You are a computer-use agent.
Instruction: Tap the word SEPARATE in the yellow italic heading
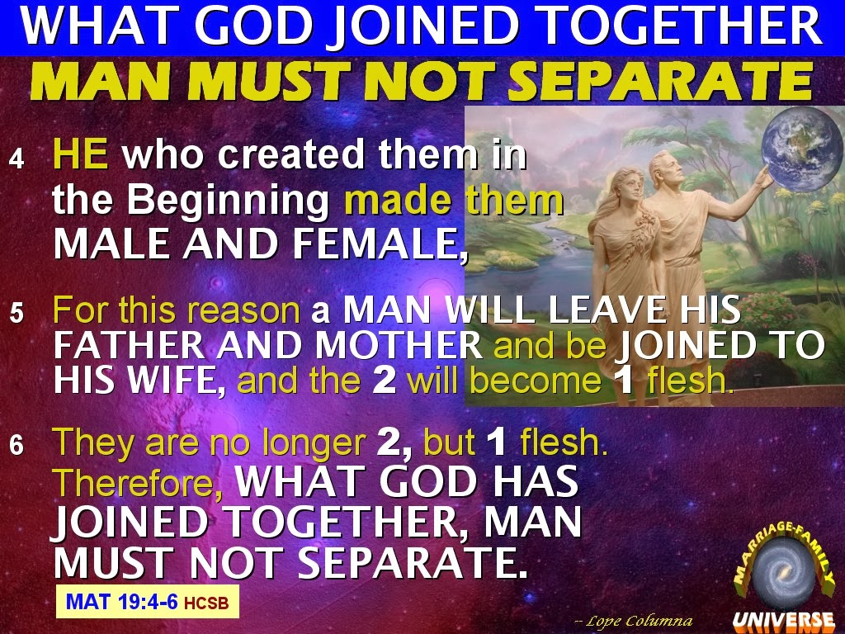(659, 82)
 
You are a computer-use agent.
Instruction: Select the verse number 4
(17, 159)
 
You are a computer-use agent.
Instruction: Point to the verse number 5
(17, 313)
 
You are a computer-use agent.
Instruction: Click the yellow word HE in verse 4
(81, 154)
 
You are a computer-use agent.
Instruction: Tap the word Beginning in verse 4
(228, 202)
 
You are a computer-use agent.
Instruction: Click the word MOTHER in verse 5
(399, 346)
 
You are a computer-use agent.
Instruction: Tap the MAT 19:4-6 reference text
(121, 601)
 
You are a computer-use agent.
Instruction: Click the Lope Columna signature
(634, 621)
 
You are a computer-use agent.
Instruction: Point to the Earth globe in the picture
(800, 149)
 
